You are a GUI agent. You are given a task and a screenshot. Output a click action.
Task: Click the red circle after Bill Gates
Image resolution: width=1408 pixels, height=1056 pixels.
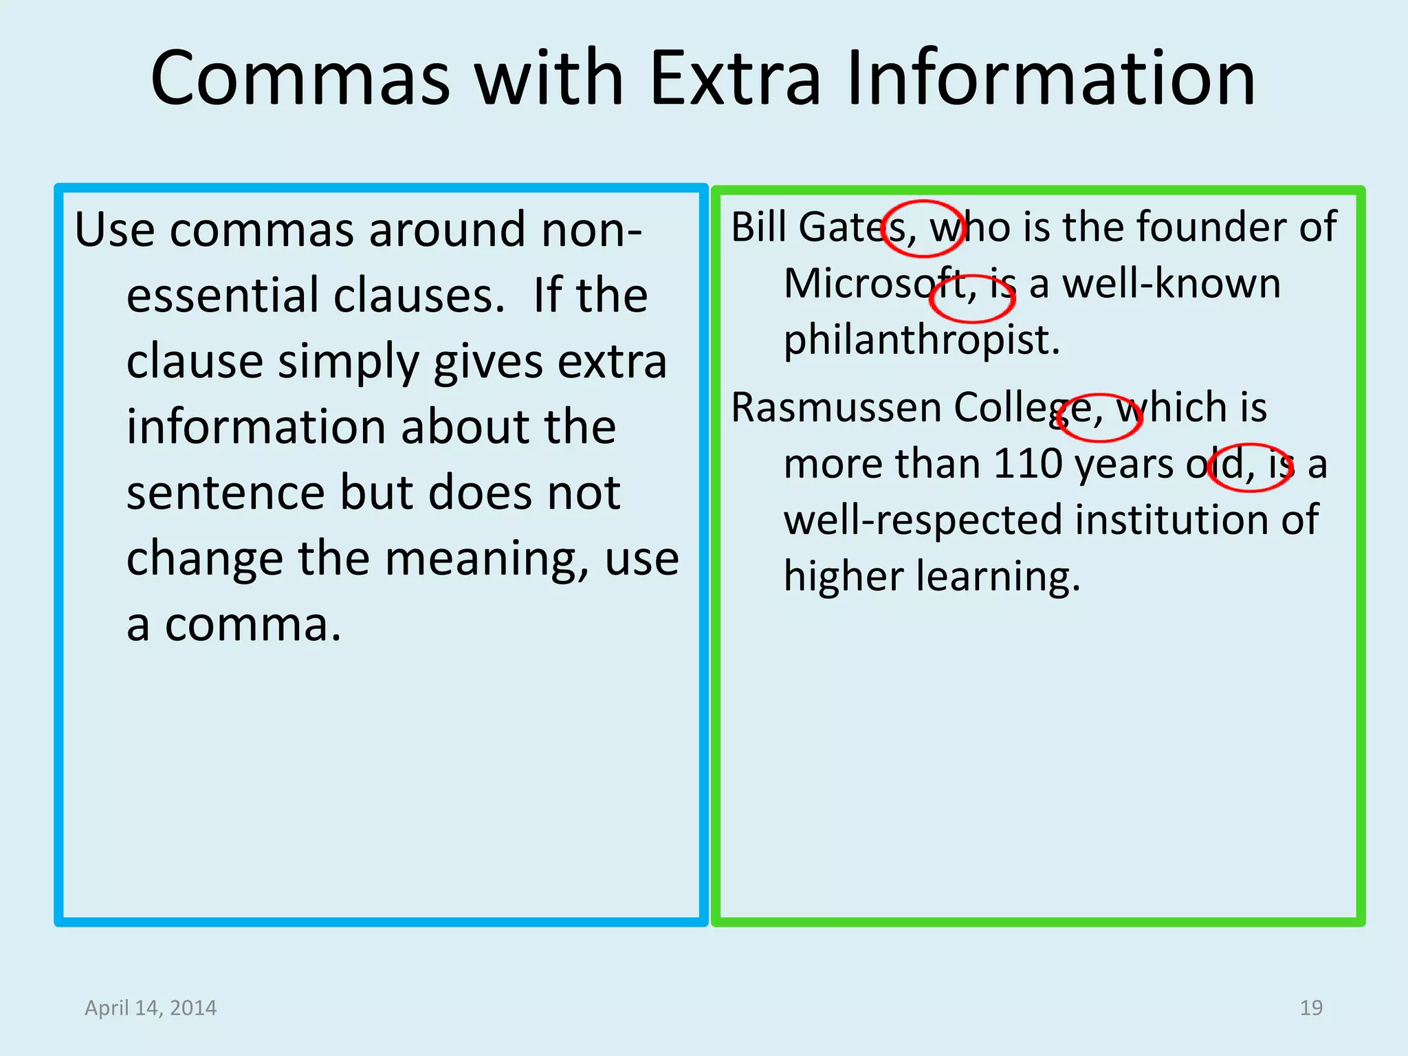(x=923, y=229)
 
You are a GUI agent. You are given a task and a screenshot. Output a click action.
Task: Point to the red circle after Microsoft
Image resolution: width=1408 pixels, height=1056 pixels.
(x=972, y=298)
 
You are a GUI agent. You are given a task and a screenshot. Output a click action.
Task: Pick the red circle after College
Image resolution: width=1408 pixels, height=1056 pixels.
(x=1099, y=417)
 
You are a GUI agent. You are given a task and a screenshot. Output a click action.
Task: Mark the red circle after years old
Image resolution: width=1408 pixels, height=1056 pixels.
(x=1251, y=467)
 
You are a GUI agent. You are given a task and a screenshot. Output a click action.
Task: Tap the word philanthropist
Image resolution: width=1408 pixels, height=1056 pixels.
(x=921, y=340)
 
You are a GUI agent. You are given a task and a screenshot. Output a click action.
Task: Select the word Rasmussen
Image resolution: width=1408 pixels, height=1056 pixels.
(x=836, y=407)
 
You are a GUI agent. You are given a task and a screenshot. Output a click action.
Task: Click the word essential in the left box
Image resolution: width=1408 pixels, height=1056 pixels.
(x=223, y=296)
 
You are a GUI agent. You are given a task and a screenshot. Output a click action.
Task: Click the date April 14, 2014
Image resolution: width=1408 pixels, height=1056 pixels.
(x=151, y=1008)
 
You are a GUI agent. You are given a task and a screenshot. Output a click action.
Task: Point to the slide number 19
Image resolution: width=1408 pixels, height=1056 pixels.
(x=1311, y=1008)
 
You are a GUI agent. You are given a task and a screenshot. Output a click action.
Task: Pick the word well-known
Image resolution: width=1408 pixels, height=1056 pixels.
(x=1171, y=283)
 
